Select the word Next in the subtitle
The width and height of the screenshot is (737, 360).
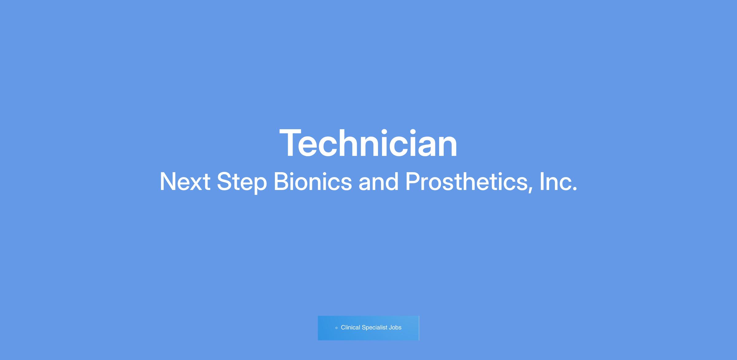pyautogui.click(x=185, y=182)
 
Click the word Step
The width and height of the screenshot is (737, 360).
pyautogui.click(x=242, y=183)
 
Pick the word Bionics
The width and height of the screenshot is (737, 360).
pyautogui.click(x=313, y=182)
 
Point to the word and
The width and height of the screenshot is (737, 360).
pyautogui.click(x=378, y=182)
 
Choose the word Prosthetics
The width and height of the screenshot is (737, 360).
pyautogui.click(x=466, y=182)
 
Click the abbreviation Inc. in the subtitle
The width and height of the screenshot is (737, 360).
pyautogui.click(x=558, y=182)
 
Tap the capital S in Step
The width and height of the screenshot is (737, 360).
pyautogui.click(x=225, y=182)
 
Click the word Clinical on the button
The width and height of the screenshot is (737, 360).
pyautogui.click(x=350, y=327)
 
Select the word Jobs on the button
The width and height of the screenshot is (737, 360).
pyautogui.click(x=395, y=327)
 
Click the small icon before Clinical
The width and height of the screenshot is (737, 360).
pyautogui.click(x=336, y=328)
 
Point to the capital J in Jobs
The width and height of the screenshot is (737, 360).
pyautogui.click(x=390, y=327)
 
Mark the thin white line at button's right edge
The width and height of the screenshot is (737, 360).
pyautogui.click(x=419, y=328)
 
